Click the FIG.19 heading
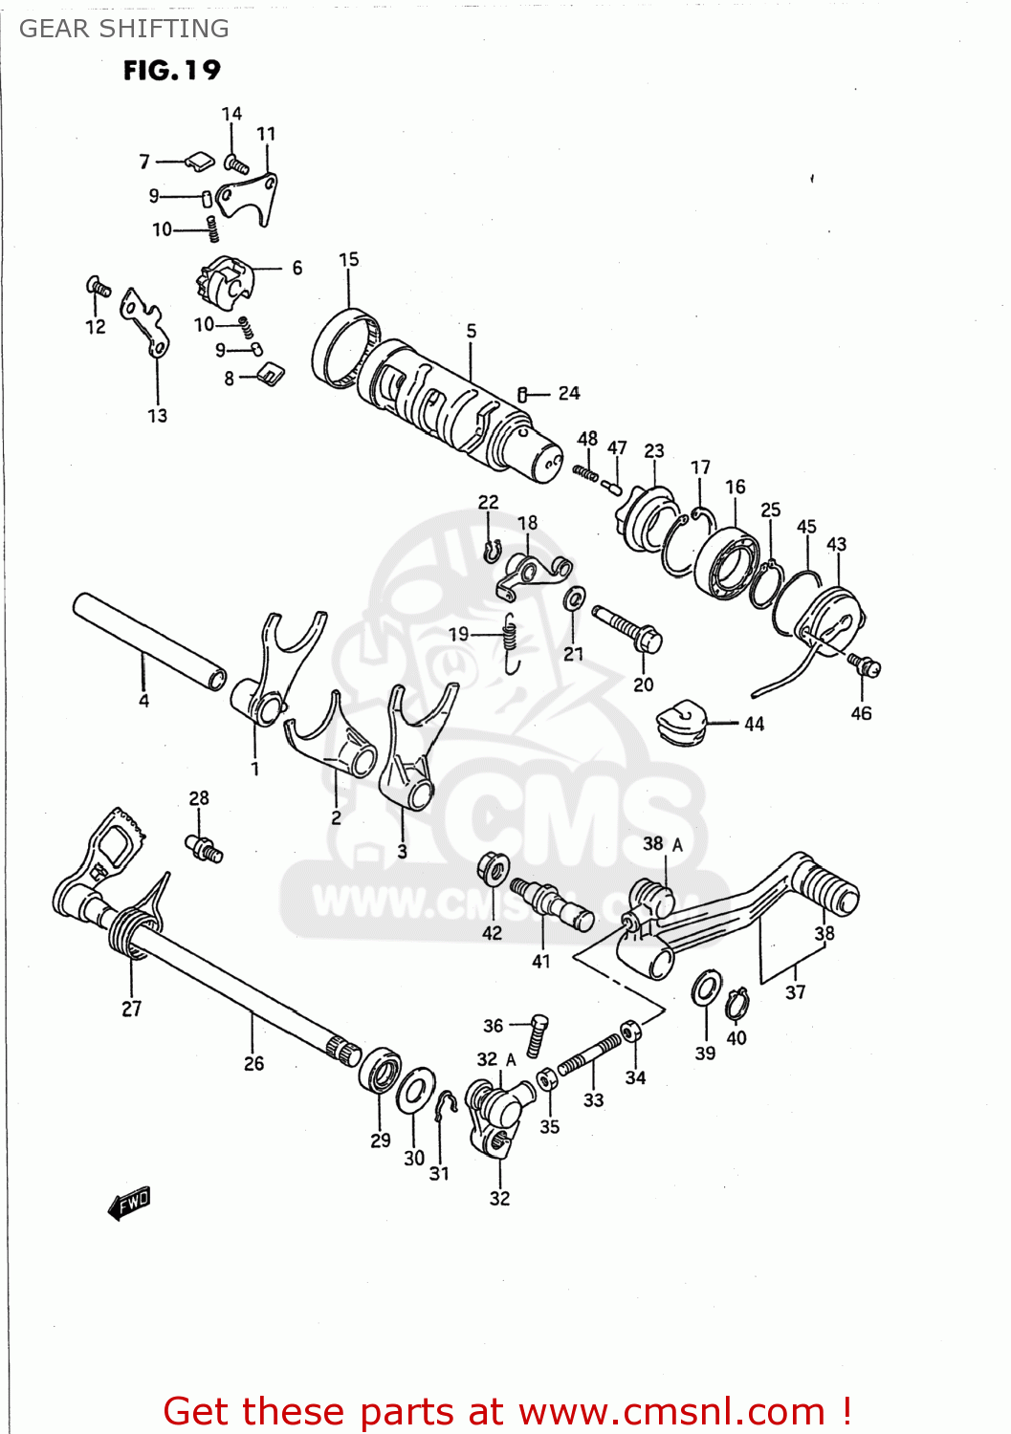pyautogui.click(x=171, y=71)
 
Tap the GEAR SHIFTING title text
pyautogui.click(x=124, y=29)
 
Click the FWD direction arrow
pyautogui.click(x=129, y=1204)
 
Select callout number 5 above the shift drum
pyautogui.click(x=472, y=331)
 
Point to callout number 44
pyautogui.click(x=755, y=724)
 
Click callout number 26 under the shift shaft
pyautogui.click(x=253, y=1063)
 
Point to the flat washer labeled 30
pyautogui.click(x=415, y=1091)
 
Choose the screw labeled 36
pyautogui.click(x=538, y=1034)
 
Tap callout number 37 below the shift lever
pyautogui.click(x=796, y=992)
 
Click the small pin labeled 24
pyautogui.click(x=523, y=394)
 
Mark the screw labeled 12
pyautogui.click(x=99, y=286)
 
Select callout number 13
pyautogui.click(x=157, y=416)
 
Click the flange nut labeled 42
pyautogui.click(x=493, y=869)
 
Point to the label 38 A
pyautogui.click(x=663, y=844)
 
